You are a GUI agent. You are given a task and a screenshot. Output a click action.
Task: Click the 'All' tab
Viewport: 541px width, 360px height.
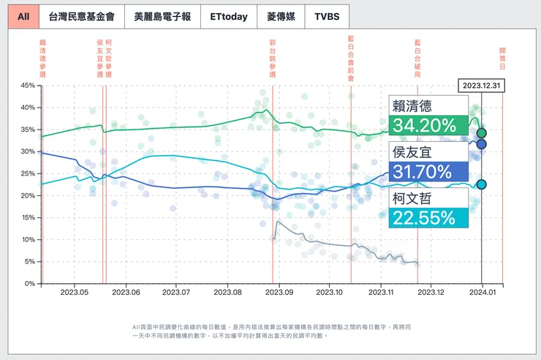pyautogui.click(x=24, y=17)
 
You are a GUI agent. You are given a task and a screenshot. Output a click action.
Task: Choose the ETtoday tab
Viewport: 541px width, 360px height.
pyautogui.click(x=228, y=17)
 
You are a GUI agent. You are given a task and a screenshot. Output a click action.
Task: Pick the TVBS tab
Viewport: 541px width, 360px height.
pyautogui.click(x=326, y=17)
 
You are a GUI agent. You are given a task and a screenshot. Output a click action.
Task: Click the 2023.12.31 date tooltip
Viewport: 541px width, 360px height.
pyautogui.click(x=482, y=86)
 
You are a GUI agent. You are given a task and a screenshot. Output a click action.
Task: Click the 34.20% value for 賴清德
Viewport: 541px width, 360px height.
pyautogui.click(x=425, y=125)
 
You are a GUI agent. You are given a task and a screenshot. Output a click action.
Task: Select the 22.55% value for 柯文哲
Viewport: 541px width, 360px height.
pyautogui.click(x=425, y=217)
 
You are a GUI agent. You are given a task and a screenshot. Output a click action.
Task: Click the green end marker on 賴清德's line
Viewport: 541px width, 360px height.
pyautogui.click(x=482, y=133)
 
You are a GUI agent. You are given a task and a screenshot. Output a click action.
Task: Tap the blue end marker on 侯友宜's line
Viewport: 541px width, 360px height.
pyautogui.click(x=482, y=144)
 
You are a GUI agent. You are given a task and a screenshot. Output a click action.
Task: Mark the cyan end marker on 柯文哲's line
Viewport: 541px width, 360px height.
pyautogui.click(x=482, y=184)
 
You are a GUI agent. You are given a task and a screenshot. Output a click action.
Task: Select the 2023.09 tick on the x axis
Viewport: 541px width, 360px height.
pyautogui.click(x=278, y=292)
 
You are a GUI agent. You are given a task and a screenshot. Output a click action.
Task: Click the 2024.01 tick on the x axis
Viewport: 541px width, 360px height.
pyautogui.click(x=481, y=292)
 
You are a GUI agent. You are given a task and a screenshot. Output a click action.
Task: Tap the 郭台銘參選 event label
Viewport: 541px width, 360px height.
pyautogui.click(x=272, y=59)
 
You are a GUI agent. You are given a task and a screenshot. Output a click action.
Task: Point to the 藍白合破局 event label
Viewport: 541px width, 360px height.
pyautogui.click(x=417, y=59)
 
